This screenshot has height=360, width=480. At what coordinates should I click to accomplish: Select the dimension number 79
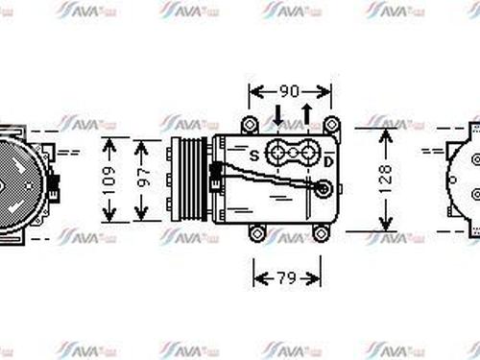pyautogui.click(x=287, y=278)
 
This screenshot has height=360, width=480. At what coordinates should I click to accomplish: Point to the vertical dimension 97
pyautogui.click(x=145, y=179)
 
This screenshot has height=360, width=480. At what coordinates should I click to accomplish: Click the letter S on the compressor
pyautogui.click(x=253, y=154)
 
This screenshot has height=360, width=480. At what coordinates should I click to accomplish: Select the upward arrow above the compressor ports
pyautogui.click(x=306, y=116)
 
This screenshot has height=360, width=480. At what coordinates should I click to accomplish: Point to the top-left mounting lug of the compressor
pyautogui.click(x=250, y=124)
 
